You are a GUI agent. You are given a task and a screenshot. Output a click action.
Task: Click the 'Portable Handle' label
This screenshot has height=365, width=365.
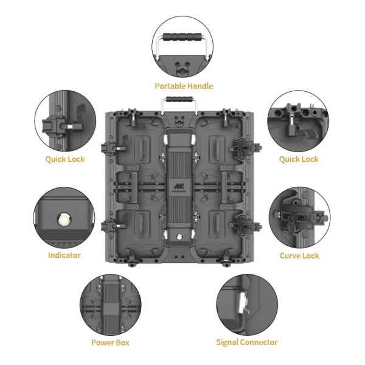coord(184,86)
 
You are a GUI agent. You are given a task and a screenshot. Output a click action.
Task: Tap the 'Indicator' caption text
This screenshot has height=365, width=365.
coord(64,255)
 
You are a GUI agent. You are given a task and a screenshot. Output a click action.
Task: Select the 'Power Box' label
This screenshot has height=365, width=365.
coord(110,342)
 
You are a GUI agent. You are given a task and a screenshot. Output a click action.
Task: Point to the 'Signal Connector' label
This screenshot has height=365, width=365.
coord(247,342)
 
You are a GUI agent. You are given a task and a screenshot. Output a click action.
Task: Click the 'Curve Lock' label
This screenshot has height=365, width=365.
coord(299,255)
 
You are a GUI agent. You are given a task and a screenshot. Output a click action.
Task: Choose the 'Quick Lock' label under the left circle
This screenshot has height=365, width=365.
coord(65,159)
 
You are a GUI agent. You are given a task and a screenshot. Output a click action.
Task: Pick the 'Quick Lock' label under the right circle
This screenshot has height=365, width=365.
coord(299,159)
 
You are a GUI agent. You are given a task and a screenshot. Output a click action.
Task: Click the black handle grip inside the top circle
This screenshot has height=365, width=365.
coord(182,36)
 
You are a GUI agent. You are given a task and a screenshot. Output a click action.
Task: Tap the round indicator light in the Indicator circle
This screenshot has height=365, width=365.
coord(64,220)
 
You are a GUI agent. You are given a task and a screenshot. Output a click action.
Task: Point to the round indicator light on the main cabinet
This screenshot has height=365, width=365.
coord(179,237)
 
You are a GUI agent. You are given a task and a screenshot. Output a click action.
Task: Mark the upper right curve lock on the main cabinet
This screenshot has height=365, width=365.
coord(245,148)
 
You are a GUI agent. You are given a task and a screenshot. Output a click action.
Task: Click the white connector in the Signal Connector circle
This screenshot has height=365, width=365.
coord(241,302)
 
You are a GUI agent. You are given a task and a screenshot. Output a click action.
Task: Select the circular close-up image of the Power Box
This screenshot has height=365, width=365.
coord(110,305)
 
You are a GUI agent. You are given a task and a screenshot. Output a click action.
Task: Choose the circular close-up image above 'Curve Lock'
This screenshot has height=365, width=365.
coord(299,217)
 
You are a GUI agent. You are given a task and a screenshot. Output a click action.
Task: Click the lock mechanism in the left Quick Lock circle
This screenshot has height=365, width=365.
coord(63,127)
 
